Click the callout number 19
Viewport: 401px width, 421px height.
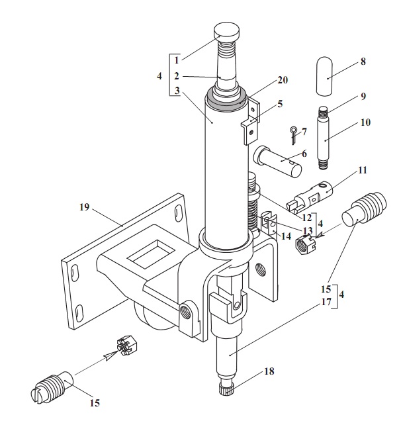[x=84, y=207]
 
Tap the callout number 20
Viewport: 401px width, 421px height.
[x=283, y=80]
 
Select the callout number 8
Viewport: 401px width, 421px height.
[x=363, y=62]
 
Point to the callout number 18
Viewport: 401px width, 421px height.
[x=269, y=371]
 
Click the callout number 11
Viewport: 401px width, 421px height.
[x=363, y=170]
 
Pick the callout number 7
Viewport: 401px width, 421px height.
[x=304, y=132]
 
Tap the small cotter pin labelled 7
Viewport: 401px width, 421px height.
[x=293, y=136]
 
